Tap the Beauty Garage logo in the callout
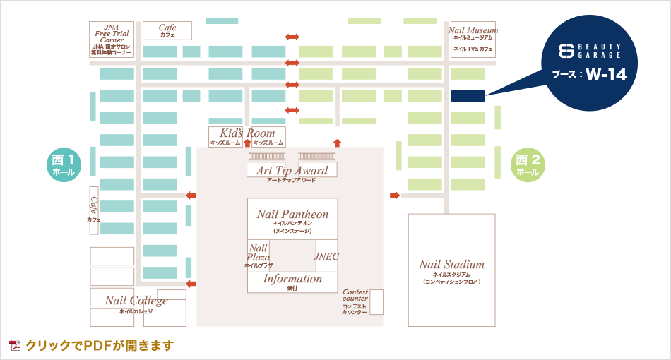[590, 51]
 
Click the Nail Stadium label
[451, 265]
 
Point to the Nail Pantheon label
[292, 215]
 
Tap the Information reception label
[292, 280]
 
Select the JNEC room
[326, 256]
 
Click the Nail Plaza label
[258, 253]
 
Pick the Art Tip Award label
[292, 171]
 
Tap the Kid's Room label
[247, 133]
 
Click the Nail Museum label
[473, 31]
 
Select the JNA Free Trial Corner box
[112, 39]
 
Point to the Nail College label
[136, 301]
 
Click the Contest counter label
[355, 295]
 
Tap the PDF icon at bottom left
[15, 345]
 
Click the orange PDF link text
[100, 345]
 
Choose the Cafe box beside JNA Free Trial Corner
[167, 30]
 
